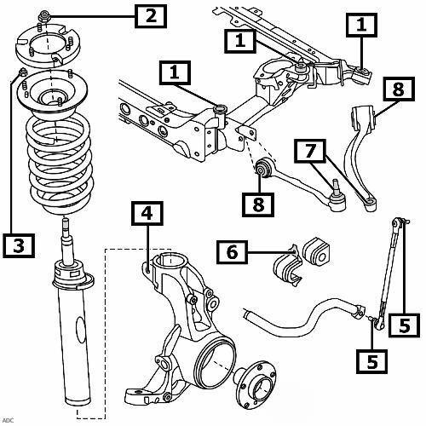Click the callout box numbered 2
click(151, 16)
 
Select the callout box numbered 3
click(19, 245)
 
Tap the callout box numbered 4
click(147, 213)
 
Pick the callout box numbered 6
click(232, 252)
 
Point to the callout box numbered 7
click(310, 151)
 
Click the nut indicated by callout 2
click(44, 16)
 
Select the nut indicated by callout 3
click(22, 72)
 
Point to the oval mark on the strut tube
click(80, 330)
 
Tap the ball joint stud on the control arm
click(335, 187)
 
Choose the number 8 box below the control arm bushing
click(258, 204)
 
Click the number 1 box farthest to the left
click(175, 72)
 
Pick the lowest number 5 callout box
click(372, 361)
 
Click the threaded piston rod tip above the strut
click(66, 223)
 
